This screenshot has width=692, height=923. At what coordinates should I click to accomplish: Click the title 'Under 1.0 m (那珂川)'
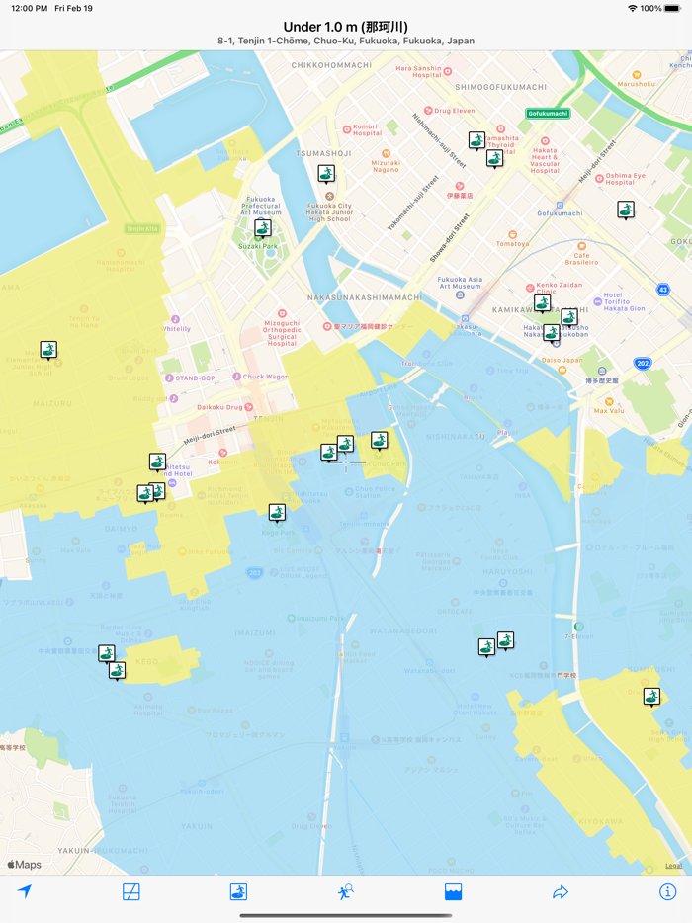pyautogui.click(x=345, y=27)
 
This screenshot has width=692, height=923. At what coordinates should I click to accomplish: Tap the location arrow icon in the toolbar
pyautogui.click(x=25, y=891)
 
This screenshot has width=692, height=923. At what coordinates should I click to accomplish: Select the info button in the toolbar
pyautogui.click(x=667, y=891)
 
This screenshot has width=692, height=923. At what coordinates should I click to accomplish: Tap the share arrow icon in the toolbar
pyautogui.click(x=561, y=891)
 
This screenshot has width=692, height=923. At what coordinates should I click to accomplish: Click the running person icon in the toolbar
pyautogui.click(x=345, y=891)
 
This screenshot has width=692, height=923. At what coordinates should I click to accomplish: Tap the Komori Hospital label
pyautogui.click(x=365, y=130)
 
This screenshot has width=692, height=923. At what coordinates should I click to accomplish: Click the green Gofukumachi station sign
pyautogui.click(x=548, y=114)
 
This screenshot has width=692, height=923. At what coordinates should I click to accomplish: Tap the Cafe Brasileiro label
pyautogui.click(x=582, y=257)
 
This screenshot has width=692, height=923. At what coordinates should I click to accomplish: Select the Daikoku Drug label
pyautogui.click(x=218, y=406)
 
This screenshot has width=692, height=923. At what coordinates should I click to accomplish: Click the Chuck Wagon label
pyautogui.click(x=264, y=377)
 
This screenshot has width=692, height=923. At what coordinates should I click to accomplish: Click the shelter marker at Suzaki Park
pyautogui.click(x=262, y=229)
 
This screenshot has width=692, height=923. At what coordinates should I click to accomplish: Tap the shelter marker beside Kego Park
pyautogui.click(x=277, y=512)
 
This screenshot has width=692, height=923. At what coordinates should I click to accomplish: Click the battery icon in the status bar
pyautogui.click(x=672, y=8)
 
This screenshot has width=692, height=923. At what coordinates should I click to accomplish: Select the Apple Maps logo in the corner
pyautogui.click(x=25, y=865)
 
